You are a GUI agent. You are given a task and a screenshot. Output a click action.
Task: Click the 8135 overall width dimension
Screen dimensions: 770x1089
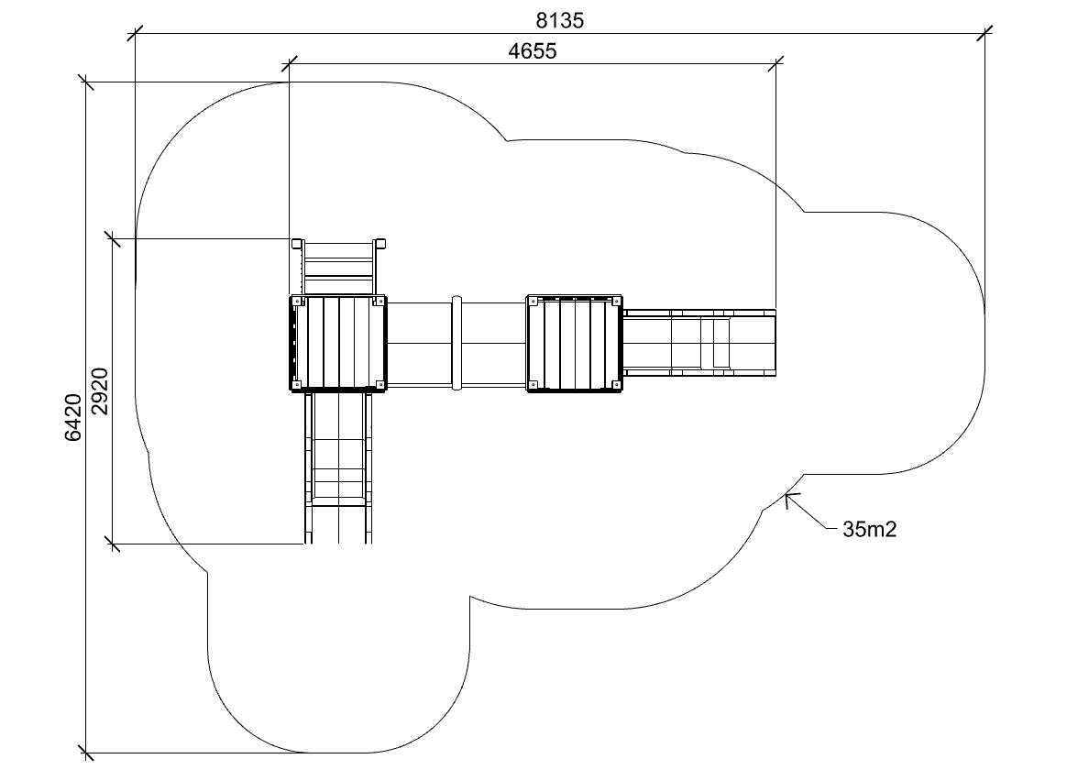pos(560,19)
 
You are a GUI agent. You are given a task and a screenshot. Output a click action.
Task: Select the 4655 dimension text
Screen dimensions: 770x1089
pos(533,51)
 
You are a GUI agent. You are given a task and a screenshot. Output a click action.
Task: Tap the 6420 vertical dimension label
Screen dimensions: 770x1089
pos(74,417)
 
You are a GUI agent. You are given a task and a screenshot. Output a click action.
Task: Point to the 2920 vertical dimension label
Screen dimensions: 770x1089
pos(100,391)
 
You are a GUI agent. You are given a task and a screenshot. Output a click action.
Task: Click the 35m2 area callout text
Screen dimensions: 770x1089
pos(869,528)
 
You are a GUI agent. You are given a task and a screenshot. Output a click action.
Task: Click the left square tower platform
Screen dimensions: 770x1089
pos(338,343)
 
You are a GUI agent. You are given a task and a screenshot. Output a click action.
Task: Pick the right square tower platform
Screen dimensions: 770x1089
pos(575,343)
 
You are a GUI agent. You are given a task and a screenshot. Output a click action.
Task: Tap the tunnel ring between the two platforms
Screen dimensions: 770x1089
pos(456,343)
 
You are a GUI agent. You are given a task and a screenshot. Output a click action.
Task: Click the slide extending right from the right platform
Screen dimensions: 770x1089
pos(699,343)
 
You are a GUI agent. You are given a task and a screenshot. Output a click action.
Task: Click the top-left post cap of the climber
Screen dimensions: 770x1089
pos(296,244)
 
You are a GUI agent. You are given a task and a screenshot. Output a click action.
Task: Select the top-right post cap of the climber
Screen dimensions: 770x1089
pos(380,244)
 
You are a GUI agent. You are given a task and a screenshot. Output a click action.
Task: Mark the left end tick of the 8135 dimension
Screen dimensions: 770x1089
pos(135,34)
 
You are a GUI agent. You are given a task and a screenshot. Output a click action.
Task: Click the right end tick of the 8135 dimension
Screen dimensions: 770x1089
pos(984,34)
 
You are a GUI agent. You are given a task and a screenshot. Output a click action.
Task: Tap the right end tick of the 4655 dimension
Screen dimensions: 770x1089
pos(775,63)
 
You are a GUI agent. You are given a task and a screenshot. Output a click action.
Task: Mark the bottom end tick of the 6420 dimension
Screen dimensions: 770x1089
pos(88,753)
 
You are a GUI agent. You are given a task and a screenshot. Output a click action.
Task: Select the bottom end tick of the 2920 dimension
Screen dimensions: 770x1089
pos(114,544)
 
